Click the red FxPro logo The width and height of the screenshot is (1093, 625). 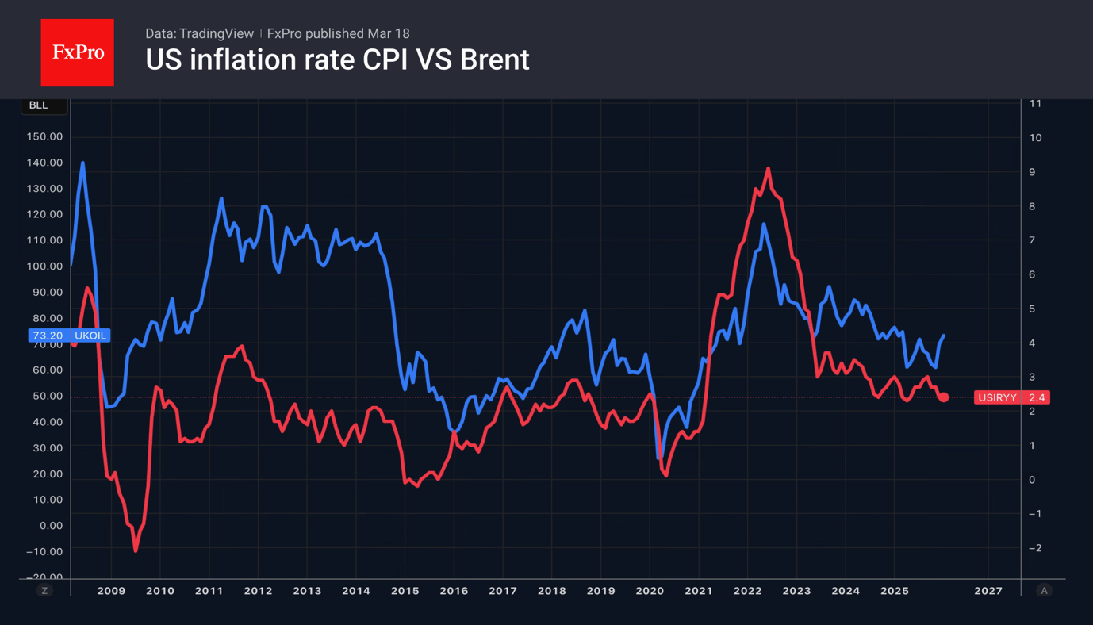click(x=77, y=52)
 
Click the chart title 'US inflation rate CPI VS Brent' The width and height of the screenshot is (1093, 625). click(x=337, y=59)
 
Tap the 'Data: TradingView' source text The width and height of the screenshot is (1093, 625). click(x=199, y=33)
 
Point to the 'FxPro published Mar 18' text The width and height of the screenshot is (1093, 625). click(x=339, y=33)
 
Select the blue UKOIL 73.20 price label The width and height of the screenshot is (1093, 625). click(x=69, y=336)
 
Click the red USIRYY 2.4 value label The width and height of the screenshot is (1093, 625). click(x=1011, y=397)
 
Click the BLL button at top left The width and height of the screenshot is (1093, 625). click(x=39, y=105)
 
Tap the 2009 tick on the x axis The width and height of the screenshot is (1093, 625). click(x=111, y=591)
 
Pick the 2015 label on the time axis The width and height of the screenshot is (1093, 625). click(x=405, y=591)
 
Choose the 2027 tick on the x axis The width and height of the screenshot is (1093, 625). click(x=988, y=591)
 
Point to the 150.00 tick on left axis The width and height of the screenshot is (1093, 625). click(x=44, y=136)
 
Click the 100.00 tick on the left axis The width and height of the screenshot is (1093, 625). click(x=44, y=266)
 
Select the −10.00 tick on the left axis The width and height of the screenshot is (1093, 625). click(x=44, y=551)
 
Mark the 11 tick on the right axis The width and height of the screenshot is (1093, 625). click(x=1035, y=104)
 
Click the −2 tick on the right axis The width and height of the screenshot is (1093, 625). click(x=1035, y=548)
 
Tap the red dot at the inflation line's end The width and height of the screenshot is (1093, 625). click(x=943, y=397)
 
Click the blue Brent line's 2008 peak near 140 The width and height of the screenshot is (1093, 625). click(x=82, y=163)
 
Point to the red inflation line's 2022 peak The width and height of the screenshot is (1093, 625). click(x=768, y=169)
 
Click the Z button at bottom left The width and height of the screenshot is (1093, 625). click(x=44, y=591)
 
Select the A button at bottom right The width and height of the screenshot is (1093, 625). click(x=1044, y=591)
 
